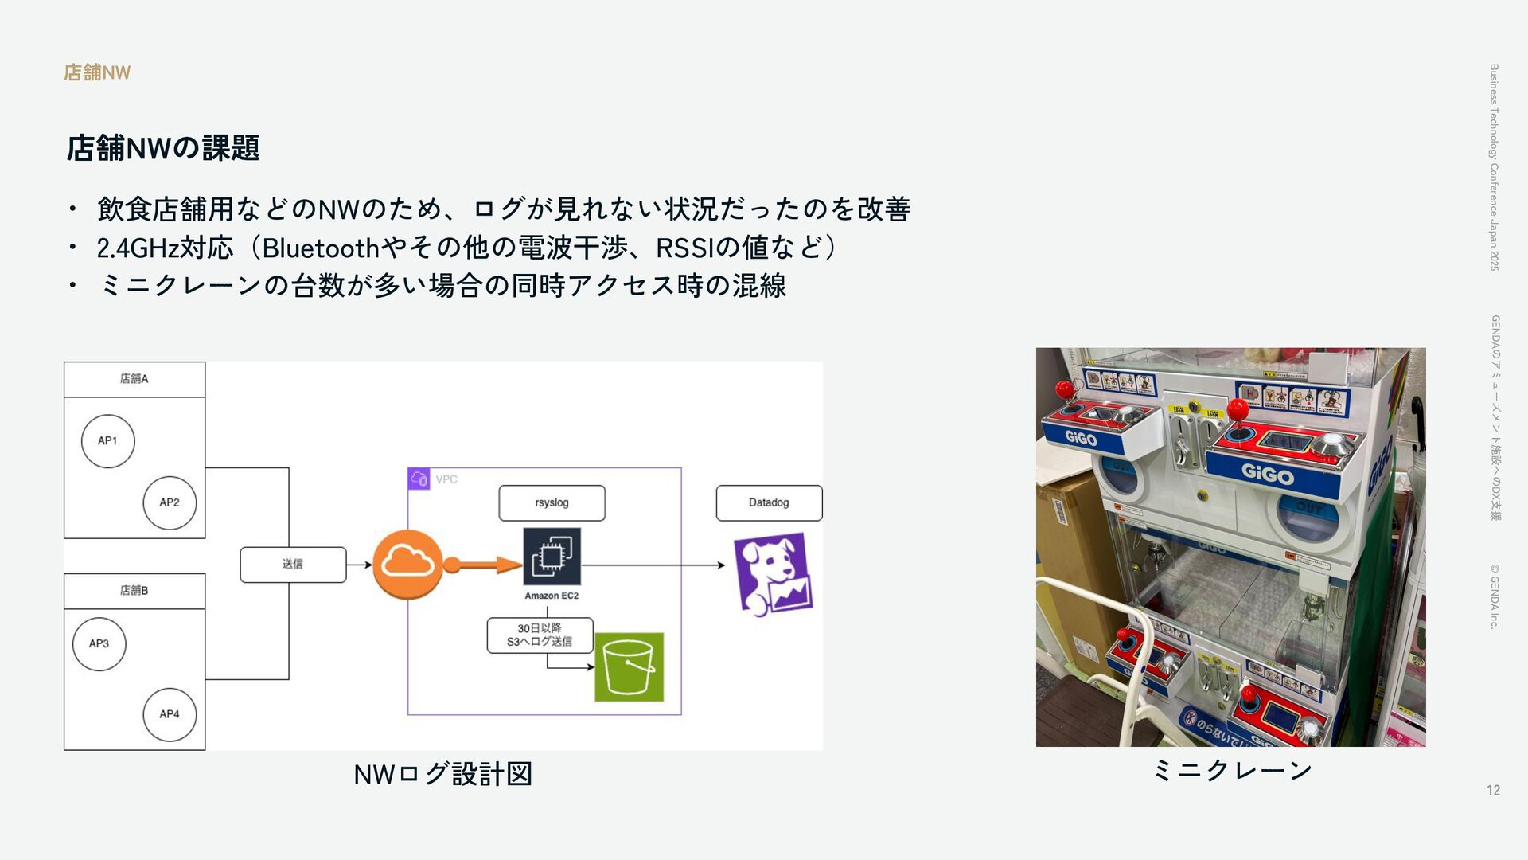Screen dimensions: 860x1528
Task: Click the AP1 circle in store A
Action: [107, 441]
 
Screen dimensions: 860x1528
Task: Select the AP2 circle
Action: [170, 502]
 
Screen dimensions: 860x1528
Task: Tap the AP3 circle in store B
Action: [99, 643]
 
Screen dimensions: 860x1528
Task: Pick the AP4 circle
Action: [170, 714]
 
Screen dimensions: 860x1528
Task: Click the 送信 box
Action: [293, 565]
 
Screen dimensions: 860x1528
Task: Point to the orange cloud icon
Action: [407, 564]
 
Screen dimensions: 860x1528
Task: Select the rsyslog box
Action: [552, 502]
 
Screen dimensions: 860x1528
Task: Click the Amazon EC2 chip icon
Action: [552, 557]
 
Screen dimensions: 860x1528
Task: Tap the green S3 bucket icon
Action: [629, 667]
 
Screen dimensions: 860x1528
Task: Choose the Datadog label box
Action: [769, 502]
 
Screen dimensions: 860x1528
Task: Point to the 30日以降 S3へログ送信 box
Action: [540, 635]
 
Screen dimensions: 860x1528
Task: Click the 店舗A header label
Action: [134, 379]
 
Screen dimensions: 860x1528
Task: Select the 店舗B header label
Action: [134, 591]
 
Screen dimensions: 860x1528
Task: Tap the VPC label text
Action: [446, 479]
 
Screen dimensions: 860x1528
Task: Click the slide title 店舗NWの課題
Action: [162, 148]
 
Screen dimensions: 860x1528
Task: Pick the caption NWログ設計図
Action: [442, 774]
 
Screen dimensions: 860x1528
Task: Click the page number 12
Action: [1493, 790]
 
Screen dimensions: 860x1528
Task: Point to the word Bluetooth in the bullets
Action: [320, 248]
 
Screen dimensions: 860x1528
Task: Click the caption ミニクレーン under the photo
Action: [1231, 770]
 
